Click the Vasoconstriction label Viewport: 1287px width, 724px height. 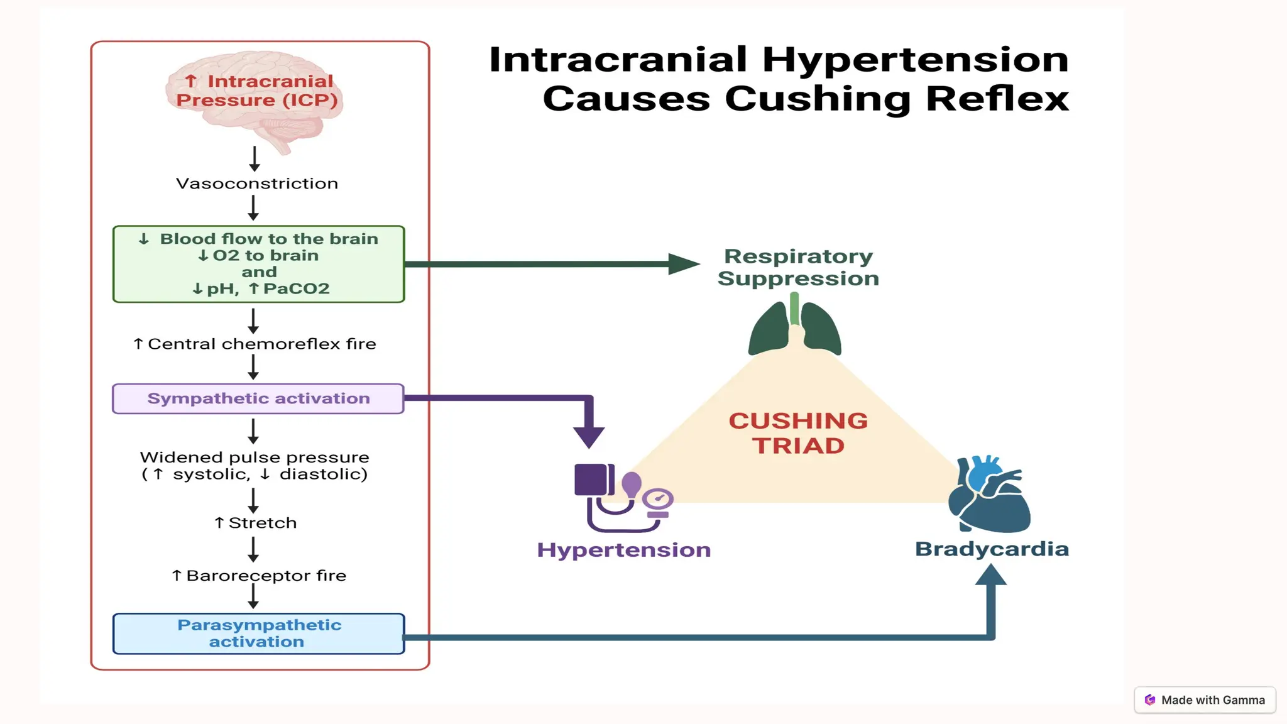point(257,184)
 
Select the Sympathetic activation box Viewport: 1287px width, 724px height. point(258,398)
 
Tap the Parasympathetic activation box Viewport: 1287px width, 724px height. point(258,633)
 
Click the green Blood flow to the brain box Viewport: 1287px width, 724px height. point(258,264)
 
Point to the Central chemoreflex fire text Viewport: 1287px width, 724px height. point(255,344)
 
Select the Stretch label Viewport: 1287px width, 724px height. point(255,523)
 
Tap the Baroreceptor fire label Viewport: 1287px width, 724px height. point(259,576)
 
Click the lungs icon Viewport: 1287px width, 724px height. point(794,328)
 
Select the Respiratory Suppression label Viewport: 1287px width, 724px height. point(798,267)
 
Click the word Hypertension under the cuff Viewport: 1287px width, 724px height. point(623,550)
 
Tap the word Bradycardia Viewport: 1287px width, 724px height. point(992,549)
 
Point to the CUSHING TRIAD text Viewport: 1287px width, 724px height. point(798,433)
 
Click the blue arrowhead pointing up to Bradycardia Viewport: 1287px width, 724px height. point(991,575)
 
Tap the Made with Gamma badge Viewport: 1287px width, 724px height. point(1205,700)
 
